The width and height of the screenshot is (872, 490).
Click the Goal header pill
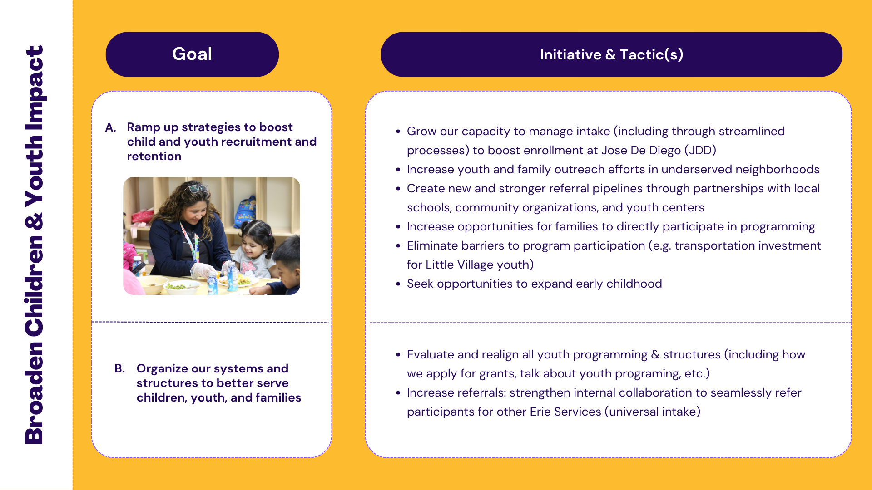[x=192, y=54]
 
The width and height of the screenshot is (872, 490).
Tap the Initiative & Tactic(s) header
[x=611, y=54]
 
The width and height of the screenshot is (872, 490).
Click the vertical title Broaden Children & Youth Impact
[x=35, y=245]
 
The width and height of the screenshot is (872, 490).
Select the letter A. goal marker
[x=111, y=127]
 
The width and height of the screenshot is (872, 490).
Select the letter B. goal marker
[x=120, y=368]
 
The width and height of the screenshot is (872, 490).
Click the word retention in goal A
[x=154, y=156]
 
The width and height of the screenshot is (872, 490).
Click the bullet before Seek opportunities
[x=398, y=284]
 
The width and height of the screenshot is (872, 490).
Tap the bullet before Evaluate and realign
[x=398, y=355]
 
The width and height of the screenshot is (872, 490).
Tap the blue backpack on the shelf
[x=245, y=211]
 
